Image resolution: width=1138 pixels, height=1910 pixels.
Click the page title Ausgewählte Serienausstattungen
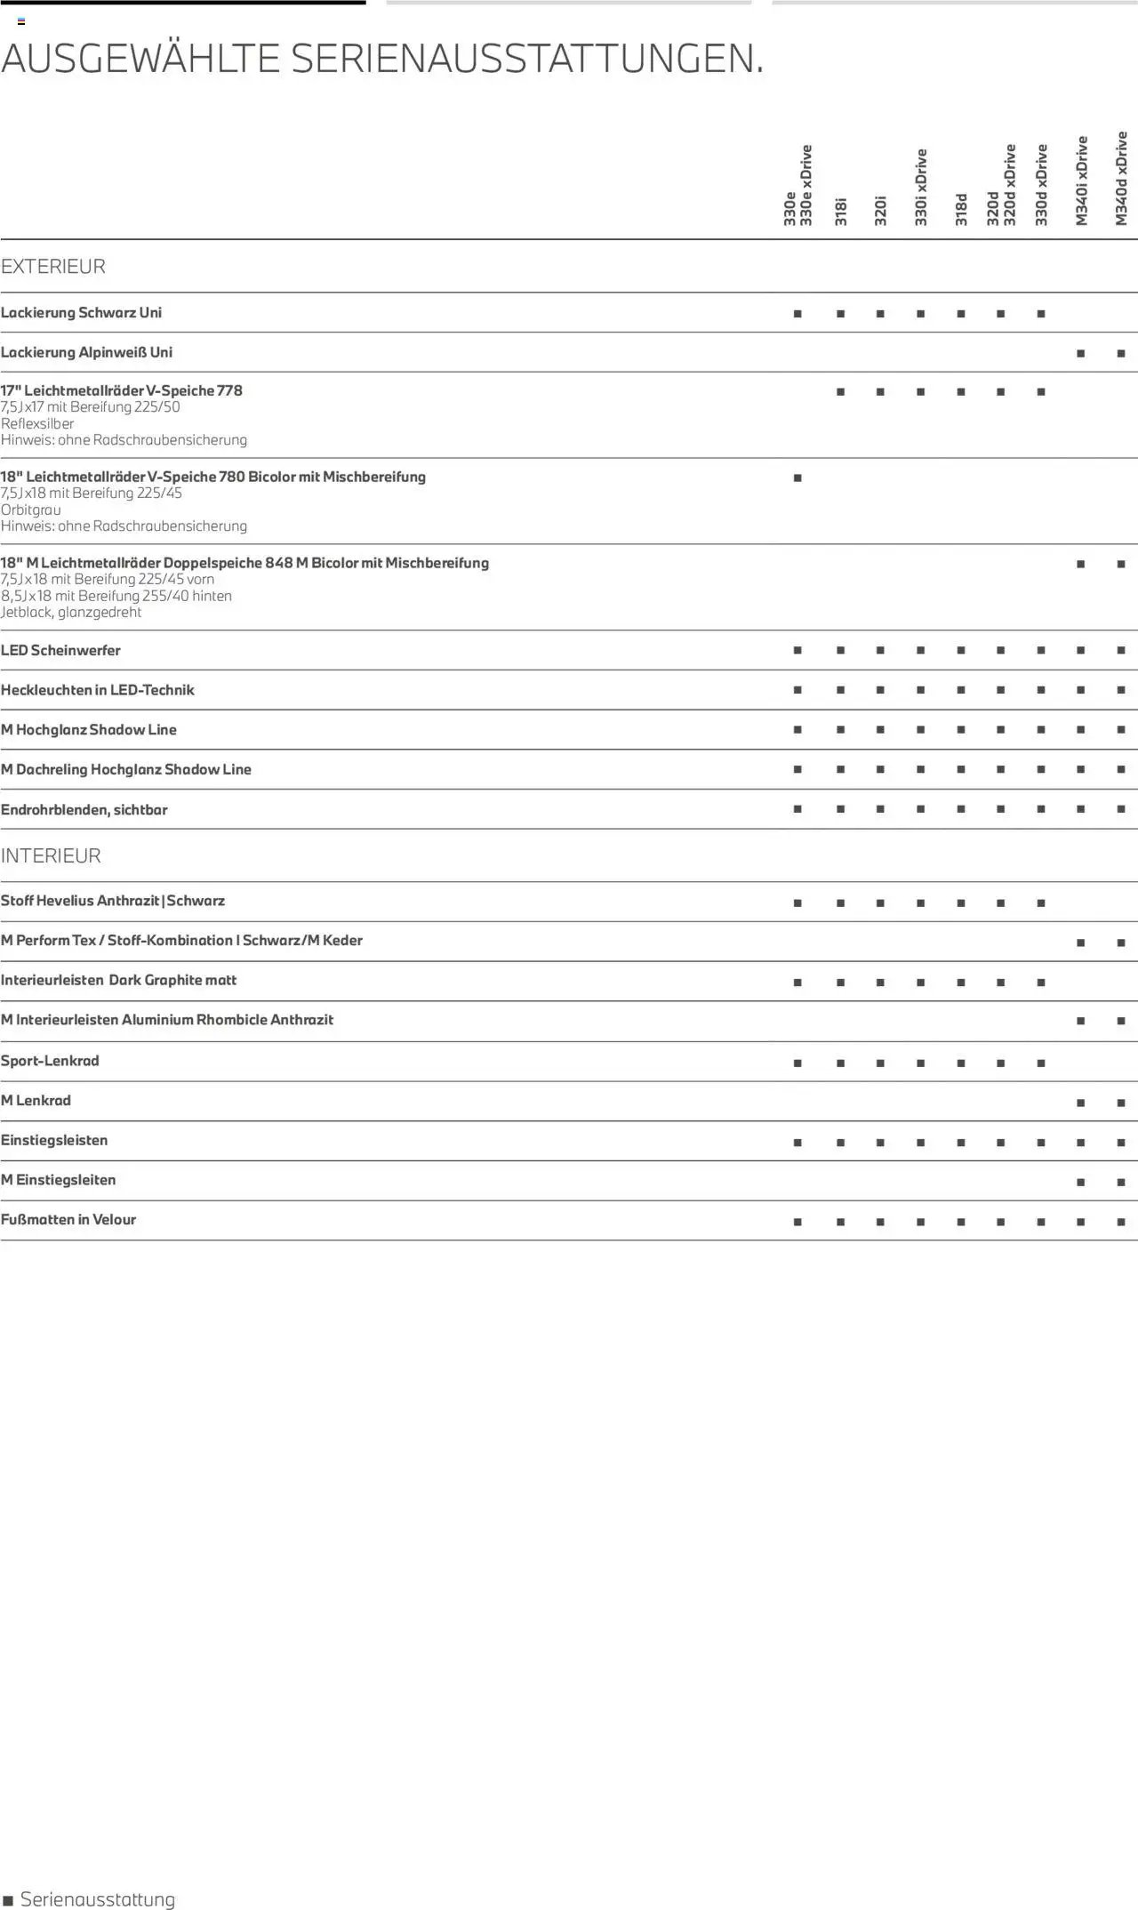(x=382, y=59)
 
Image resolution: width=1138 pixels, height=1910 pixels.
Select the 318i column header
(x=841, y=212)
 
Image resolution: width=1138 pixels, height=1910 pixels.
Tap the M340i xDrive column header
(x=1081, y=181)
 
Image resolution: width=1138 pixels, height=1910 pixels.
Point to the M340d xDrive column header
(x=1121, y=179)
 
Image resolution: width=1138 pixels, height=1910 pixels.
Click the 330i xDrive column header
(x=921, y=187)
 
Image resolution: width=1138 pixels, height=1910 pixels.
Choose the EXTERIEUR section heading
(x=53, y=267)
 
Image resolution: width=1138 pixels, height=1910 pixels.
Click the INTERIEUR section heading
(x=51, y=856)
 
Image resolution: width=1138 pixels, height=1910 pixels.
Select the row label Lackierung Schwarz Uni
(x=81, y=313)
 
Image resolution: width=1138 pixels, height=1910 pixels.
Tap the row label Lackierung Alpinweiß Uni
(x=86, y=353)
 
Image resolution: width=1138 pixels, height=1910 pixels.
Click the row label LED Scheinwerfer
(x=60, y=651)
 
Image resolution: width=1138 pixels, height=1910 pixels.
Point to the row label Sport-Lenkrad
(x=50, y=1061)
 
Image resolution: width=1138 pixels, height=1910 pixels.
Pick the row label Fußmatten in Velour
(x=68, y=1220)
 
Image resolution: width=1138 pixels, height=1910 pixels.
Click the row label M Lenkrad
(x=36, y=1101)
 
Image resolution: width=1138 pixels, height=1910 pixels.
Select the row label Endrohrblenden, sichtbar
(x=84, y=810)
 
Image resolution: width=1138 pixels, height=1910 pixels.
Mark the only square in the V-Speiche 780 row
(x=797, y=478)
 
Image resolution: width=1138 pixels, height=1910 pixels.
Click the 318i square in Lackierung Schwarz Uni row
(x=840, y=314)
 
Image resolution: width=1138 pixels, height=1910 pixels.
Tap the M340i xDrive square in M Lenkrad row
(x=1080, y=1103)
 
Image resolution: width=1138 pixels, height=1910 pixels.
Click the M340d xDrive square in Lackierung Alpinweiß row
(x=1121, y=354)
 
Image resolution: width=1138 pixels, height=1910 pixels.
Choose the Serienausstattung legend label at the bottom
(x=98, y=1899)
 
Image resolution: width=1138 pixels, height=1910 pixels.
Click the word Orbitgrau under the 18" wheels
(x=31, y=510)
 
